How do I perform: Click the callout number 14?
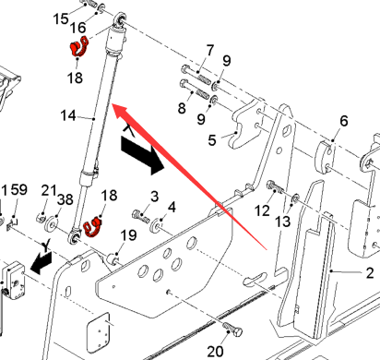68,115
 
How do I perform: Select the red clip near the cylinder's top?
78,47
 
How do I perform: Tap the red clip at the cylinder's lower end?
92,227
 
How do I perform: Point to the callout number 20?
215,352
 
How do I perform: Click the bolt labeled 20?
232,330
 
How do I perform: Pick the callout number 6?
344,121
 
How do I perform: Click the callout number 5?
212,140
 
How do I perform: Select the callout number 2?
370,273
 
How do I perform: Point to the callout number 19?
128,235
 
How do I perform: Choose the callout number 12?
262,211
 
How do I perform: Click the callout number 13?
283,222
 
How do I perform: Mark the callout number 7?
210,50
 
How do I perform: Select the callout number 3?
155,197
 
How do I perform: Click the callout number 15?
61,18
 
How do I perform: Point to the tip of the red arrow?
112,105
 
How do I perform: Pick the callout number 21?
49,190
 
